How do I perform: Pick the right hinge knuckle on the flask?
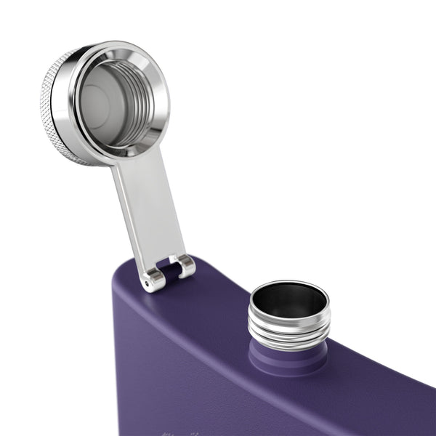coord(186,266)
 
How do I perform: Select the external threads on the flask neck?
coord(289,327)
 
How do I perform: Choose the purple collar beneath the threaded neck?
coord(288,356)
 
